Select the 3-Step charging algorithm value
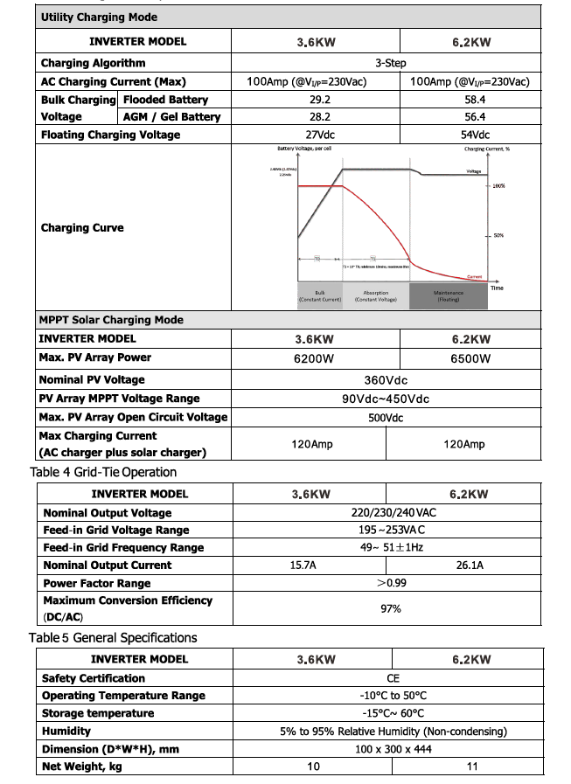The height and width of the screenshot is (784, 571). tap(390, 63)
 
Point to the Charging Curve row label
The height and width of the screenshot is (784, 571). tap(82, 228)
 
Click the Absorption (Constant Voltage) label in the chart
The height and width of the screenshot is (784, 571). tap(375, 296)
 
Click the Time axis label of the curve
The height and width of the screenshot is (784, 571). tap(497, 288)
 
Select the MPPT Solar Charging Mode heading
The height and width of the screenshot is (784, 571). tap(111, 320)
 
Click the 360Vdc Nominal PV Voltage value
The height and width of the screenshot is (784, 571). tap(386, 380)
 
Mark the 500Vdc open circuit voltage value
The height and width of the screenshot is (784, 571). tap(386, 418)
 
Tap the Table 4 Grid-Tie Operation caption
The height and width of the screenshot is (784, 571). tap(103, 472)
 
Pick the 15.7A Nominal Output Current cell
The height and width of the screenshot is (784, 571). tap(303, 565)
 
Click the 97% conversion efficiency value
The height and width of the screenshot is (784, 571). tap(390, 608)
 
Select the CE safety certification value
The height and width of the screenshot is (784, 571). tap(393, 678)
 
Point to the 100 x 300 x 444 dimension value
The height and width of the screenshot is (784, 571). tap(393, 749)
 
